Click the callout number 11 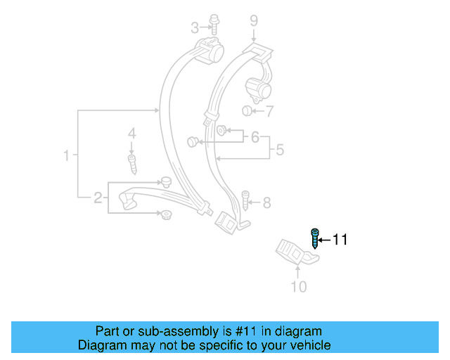(340, 240)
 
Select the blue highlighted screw (316, 238)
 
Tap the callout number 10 (299, 286)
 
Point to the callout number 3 (195, 28)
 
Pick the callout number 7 (269, 111)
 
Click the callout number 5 (279, 149)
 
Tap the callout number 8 (266, 203)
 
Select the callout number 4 (131, 133)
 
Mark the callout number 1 (67, 155)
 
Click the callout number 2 (98, 198)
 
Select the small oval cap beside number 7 (246, 111)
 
